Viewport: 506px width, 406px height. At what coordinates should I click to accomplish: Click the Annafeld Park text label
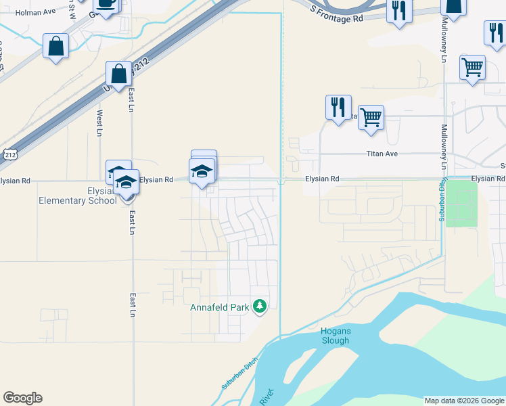point(221,307)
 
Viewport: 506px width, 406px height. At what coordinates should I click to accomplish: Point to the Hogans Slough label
point(335,336)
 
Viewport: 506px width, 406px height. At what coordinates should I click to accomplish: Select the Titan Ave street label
point(382,154)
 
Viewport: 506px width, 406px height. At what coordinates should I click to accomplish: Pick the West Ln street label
point(99,122)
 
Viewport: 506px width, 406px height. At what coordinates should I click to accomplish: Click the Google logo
point(22,398)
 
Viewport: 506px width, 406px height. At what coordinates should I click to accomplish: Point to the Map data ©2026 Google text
point(464,401)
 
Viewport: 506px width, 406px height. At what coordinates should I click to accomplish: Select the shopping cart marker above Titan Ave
point(371,117)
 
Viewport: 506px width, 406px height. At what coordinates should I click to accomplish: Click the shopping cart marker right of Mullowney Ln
point(472,67)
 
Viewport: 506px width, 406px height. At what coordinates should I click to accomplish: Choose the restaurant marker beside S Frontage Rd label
point(399,11)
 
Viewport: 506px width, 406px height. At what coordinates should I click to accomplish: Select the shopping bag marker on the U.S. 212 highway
point(118,74)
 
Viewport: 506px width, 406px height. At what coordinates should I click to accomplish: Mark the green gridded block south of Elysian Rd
point(461,204)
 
